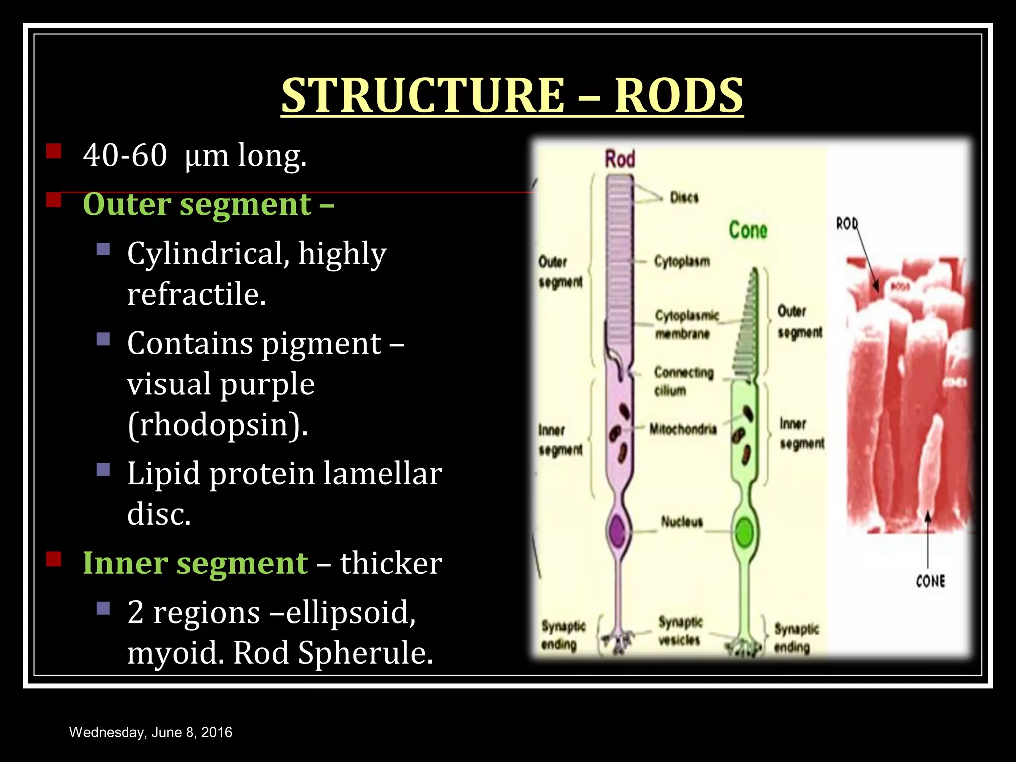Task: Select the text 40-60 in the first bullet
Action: pyautogui.click(x=125, y=155)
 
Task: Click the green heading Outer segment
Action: pyautogui.click(x=208, y=204)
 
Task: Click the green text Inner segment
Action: pyautogui.click(x=195, y=563)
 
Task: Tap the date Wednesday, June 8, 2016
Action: pyautogui.click(x=151, y=732)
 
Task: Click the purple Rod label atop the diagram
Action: pyautogui.click(x=620, y=159)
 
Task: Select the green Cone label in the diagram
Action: pyautogui.click(x=748, y=230)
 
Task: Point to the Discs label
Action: pyautogui.click(x=684, y=198)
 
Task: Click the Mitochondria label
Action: pyautogui.click(x=683, y=429)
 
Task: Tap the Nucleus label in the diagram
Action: pyautogui.click(x=682, y=521)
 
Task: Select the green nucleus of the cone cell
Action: pyautogui.click(x=744, y=532)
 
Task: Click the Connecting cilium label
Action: pyautogui.click(x=684, y=381)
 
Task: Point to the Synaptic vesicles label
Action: pyautogui.click(x=680, y=631)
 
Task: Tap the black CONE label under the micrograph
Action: pyautogui.click(x=930, y=581)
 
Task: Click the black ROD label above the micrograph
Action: pyautogui.click(x=847, y=224)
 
